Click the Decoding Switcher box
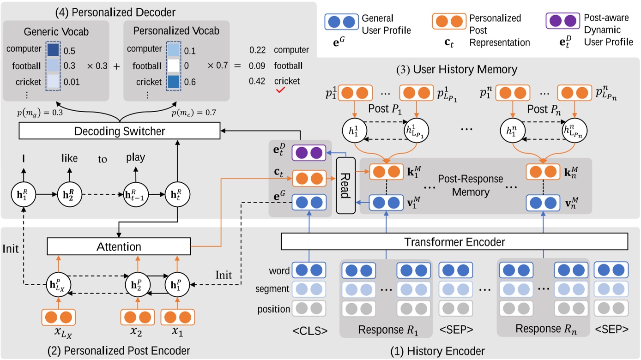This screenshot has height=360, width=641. (x=119, y=132)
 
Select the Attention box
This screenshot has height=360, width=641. (x=118, y=247)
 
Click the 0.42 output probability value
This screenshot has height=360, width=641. (x=257, y=81)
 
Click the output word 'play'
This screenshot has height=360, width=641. (x=135, y=157)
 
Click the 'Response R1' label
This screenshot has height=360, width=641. (x=386, y=330)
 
